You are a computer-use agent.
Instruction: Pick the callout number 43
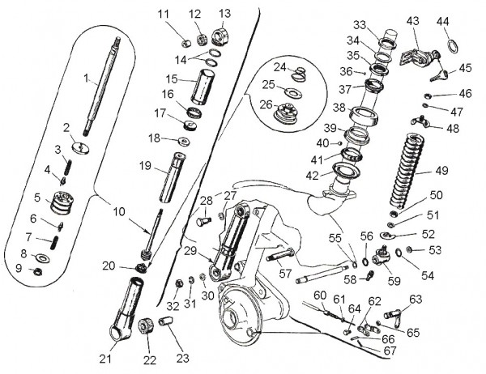[x=412, y=20]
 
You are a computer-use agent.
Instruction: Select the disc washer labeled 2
[x=81, y=147]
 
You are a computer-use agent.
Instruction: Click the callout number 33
[x=360, y=24]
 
